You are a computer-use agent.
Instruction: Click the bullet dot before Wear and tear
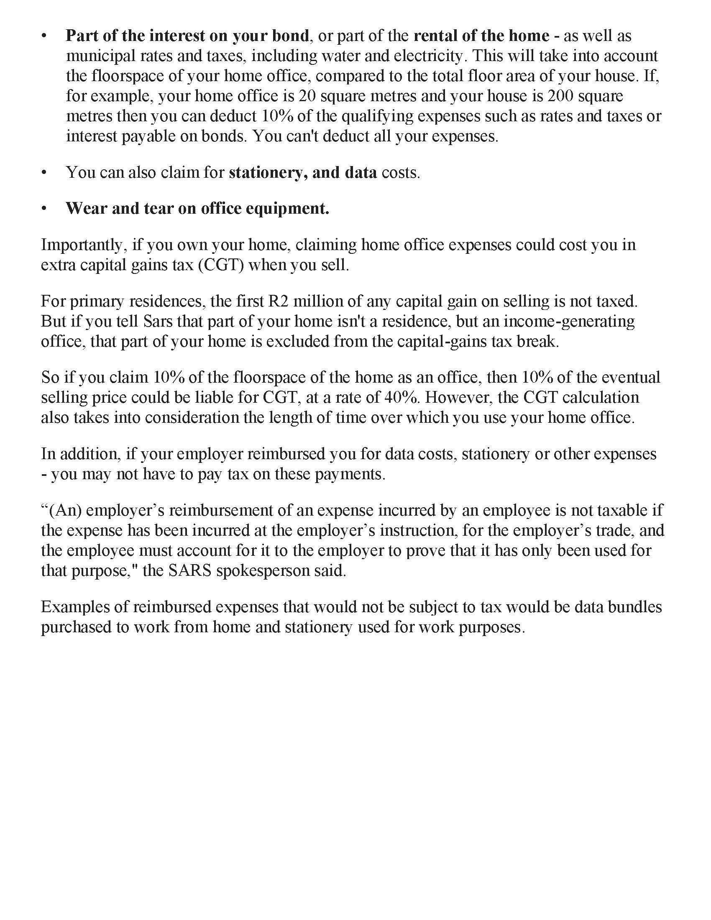(44, 209)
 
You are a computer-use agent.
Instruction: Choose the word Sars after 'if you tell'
(158, 322)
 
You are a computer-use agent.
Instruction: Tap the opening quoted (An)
(61, 510)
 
